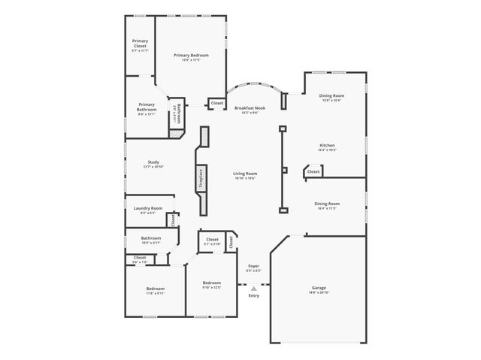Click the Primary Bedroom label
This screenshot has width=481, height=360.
pyautogui.click(x=191, y=55)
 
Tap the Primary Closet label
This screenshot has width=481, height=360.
pyautogui.click(x=140, y=43)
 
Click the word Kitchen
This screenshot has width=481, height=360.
pyautogui.click(x=327, y=145)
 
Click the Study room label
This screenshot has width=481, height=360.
pyautogui.click(x=153, y=162)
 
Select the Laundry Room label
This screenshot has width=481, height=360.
pyautogui.click(x=147, y=208)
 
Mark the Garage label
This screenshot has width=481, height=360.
pyautogui.click(x=319, y=288)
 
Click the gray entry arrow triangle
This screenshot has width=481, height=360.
pyautogui.click(x=254, y=287)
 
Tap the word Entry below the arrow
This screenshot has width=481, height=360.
pyautogui.click(x=254, y=295)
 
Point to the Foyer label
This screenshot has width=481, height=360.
pyautogui.click(x=253, y=266)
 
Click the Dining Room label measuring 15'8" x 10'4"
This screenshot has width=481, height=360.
pyautogui.click(x=331, y=95)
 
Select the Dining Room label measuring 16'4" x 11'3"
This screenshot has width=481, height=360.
pyautogui.click(x=327, y=204)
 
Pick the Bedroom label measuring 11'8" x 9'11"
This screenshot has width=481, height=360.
pyautogui.click(x=155, y=289)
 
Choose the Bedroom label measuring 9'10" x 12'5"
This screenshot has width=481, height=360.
pyautogui.click(x=211, y=283)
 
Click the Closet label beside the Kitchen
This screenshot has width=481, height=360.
pyautogui.click(x=313, y=171)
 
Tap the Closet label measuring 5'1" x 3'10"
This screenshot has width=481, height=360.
pyautogui.click(x=212, y=240)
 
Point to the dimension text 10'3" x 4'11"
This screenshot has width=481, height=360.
pyautogui.click(x=151, y=244)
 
